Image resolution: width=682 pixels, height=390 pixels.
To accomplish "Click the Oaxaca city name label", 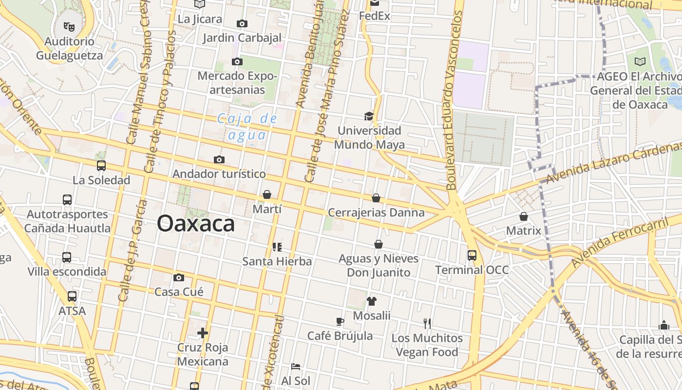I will point(196,224).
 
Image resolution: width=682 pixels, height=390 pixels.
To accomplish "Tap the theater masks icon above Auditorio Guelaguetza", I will point(69,26).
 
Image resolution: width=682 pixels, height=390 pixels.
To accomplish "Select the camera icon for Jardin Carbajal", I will point(242,23).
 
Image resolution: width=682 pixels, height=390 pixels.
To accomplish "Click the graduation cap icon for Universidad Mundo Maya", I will point(369,116).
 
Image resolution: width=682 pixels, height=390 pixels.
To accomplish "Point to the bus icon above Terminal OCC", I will point(472,255).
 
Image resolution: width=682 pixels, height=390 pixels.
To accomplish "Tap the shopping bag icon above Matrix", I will point(524,216).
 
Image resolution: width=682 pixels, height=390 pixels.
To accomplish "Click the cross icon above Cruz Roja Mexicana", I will point(203,333).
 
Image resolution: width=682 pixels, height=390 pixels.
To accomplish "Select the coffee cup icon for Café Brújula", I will point(340,321).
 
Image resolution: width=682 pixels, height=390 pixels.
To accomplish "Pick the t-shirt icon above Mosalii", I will point(372,301).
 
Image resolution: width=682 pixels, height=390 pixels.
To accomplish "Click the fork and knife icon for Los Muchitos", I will point(427,323).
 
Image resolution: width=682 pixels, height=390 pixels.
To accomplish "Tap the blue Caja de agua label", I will point(246,126).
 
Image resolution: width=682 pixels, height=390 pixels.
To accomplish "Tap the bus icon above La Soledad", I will point(101,166).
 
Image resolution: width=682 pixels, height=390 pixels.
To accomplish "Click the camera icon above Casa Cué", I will point(179,277).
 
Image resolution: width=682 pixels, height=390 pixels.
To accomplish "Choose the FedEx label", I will point(375,16).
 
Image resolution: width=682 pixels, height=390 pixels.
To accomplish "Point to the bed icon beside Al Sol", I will point(295,366).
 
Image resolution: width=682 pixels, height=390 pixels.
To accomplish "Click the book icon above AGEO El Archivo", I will point(640,61).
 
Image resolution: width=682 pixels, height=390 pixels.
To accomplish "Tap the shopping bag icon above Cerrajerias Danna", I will point(376,198).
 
